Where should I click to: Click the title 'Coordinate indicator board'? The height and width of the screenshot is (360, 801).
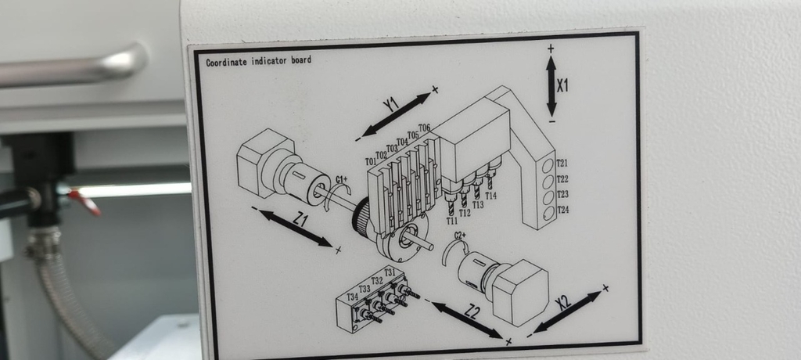258,60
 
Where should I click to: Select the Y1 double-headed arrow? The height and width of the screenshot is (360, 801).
397,114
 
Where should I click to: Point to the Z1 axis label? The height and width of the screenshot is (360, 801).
300,221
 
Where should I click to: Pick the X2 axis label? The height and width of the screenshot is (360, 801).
563,301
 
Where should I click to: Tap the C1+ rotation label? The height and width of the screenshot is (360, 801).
341,179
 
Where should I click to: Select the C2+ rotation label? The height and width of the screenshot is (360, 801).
459,235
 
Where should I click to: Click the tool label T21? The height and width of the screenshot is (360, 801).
562,164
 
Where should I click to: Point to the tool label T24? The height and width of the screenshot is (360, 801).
562,210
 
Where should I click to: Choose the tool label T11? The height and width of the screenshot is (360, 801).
452,221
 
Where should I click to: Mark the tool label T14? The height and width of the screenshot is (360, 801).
490,196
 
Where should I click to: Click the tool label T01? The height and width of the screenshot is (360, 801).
371,162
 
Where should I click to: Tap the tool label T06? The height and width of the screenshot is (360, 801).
424,128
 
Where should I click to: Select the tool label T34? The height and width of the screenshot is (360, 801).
352,297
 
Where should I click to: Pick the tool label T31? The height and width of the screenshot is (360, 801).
389,272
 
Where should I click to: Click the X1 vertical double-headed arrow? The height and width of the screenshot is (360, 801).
551,85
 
